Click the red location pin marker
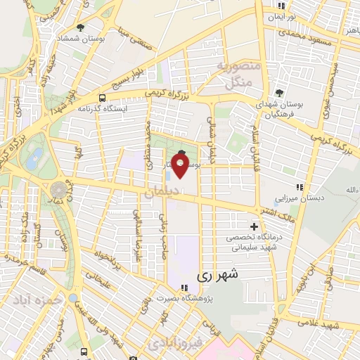181,167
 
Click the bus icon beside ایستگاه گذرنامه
103,98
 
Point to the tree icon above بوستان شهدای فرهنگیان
279,93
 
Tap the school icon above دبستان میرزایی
300,186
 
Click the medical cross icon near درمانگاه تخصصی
253,227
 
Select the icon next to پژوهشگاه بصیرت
184,287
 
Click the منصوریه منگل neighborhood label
238,73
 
